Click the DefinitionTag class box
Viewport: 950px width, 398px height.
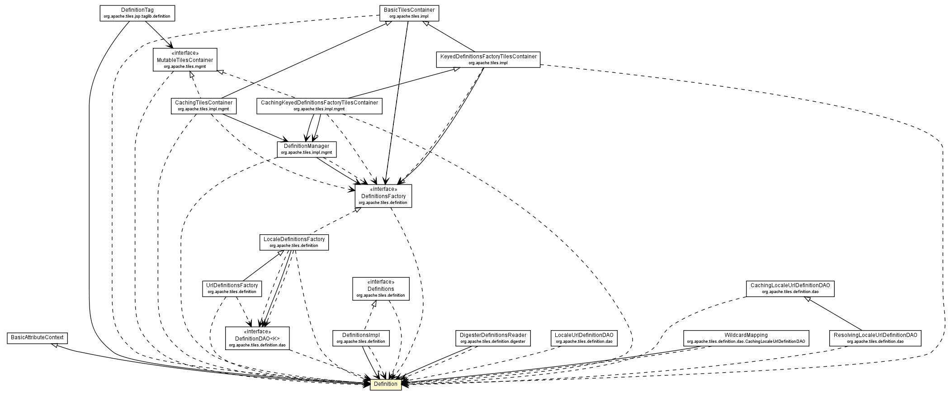click(137, 13)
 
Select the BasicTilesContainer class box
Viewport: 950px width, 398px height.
click(409, 13)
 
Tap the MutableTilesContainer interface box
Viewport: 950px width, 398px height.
click(184, 60)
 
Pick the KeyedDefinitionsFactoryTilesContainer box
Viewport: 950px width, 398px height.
click(488, 60)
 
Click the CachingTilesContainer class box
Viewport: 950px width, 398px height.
click(204, 106)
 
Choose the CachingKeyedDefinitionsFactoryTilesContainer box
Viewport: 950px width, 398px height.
click(319, 106)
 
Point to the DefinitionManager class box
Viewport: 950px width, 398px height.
click(306, 149)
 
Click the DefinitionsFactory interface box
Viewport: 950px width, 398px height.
click(383, 196)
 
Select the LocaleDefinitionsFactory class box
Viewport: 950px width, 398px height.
click(294, 242)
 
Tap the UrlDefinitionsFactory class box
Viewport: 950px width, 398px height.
click(232, 289)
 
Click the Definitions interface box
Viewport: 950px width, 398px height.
click(381, 289)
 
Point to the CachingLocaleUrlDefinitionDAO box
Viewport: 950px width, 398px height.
click(789, 289)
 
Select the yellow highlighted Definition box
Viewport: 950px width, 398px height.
click(385, 384)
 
